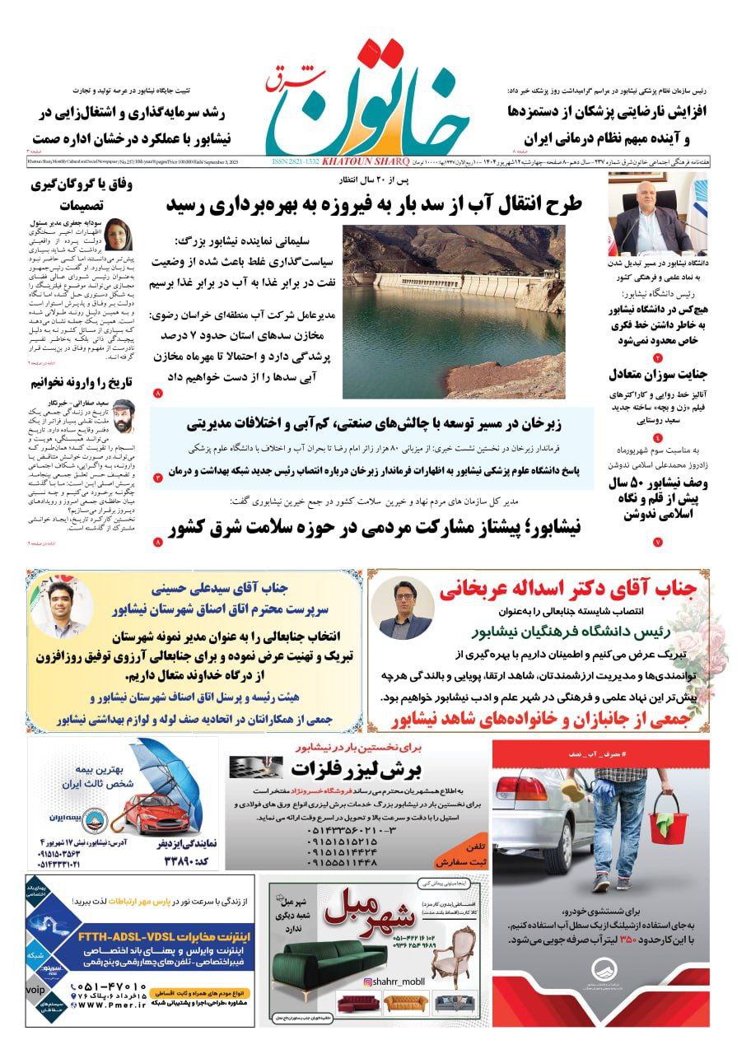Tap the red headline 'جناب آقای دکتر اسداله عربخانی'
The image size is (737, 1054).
[x=568, y=590]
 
